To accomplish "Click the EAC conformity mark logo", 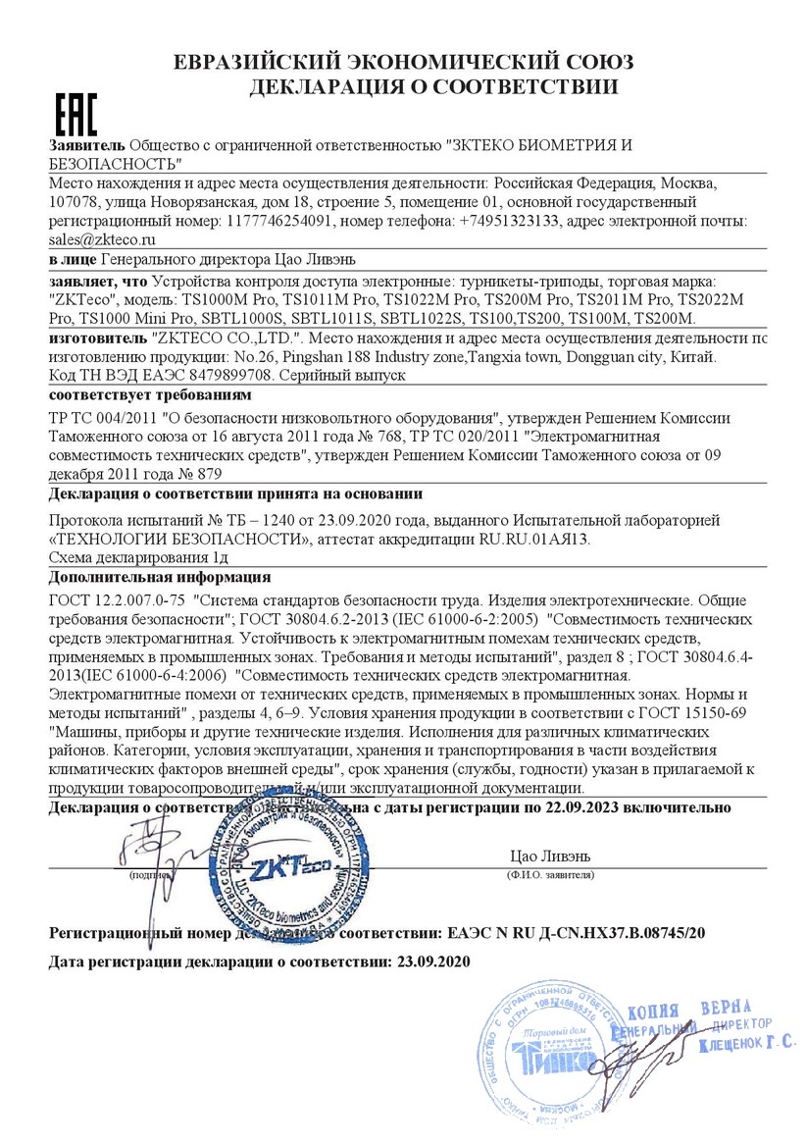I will (x=75, y=116).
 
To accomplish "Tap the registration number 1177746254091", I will (x=279, y=222).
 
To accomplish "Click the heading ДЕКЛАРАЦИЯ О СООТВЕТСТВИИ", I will (x=433, y=87).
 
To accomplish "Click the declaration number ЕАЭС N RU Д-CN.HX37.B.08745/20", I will (x=576, y=932).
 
